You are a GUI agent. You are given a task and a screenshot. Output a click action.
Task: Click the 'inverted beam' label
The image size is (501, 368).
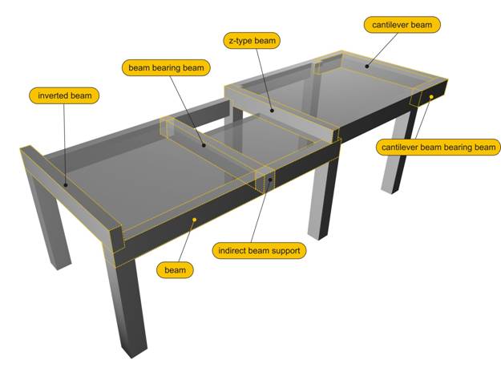tap(64, 95)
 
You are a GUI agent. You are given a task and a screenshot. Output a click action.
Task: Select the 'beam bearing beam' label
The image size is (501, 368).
tap(166, 67)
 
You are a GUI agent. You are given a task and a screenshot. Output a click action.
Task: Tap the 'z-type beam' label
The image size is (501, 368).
tap(252, 41)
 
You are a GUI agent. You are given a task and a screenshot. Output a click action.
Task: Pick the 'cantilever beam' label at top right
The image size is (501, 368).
tap(402, 25)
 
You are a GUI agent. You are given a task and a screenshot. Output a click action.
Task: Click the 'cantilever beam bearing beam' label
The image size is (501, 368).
tap(438, 148)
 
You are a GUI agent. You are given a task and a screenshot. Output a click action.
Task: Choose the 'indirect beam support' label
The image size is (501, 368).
tap(259, 250)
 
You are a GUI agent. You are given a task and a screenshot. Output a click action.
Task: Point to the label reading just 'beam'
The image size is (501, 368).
tap(175, 270)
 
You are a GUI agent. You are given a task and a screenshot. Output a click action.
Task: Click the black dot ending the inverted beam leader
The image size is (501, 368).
tap(66, 184)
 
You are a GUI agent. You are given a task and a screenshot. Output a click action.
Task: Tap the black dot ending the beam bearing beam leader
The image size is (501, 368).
tap(204, 145)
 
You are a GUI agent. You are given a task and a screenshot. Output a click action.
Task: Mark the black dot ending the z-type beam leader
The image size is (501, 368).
tap(272, 111)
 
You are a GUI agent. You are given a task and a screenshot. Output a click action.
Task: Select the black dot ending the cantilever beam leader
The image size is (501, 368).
tap(367, 67)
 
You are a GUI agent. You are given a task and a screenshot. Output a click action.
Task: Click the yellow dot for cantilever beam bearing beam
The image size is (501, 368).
tap(431, 96)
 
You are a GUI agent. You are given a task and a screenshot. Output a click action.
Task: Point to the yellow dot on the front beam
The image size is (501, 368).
tap(194, 220)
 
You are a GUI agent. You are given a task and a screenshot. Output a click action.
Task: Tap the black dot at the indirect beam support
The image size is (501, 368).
tap(270, 180)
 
